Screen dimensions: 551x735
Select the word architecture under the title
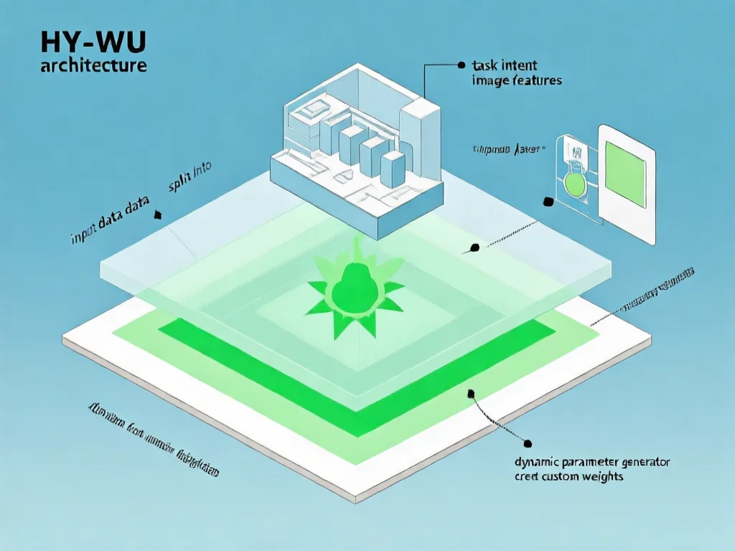(95, 67)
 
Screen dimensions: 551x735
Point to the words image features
(517, 80)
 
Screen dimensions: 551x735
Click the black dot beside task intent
(461, 65)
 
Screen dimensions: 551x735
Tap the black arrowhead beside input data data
(158, 214)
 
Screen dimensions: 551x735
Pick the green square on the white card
(627, 174)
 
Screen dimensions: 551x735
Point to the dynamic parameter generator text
(593, 463)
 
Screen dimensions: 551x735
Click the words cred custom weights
(569, 476)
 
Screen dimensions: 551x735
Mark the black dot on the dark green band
(472, 392)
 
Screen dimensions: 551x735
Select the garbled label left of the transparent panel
(509, 149)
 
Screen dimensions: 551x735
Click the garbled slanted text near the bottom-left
(153, 439)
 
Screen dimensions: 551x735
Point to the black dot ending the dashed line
(473, 249)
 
